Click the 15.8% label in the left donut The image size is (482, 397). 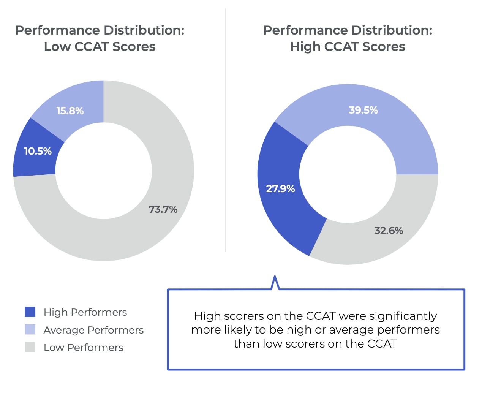70,111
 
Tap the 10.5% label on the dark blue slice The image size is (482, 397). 38,151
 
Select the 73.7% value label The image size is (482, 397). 163,209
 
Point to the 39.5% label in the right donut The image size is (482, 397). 363,110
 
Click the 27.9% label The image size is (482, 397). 280,189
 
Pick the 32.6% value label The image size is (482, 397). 389,231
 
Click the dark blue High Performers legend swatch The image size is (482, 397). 30,312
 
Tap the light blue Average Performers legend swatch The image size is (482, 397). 30,329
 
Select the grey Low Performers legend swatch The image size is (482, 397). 30,347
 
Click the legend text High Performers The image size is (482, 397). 85,312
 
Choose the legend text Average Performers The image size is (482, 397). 93,330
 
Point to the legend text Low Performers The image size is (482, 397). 83,348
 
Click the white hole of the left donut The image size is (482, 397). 104,171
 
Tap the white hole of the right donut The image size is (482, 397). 348,174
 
